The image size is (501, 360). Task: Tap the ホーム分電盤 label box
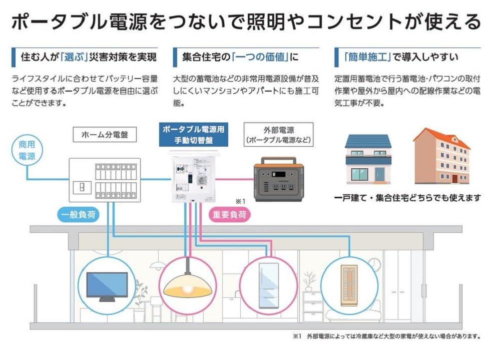pyautogui.click(x=105, y=135)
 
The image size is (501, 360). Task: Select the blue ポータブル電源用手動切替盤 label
pyautogui.click(x=194, y=135)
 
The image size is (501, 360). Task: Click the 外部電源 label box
pyautogui.click(x=278, y=135)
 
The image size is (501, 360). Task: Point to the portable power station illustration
pyautogui.click(x=279, y=179)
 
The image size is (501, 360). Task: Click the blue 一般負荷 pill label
pyautogui.click(x=78, y=214)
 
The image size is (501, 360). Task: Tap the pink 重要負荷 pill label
pyautogui.click(x=229, y=214)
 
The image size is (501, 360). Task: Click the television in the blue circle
pyautogui.click(x=107, y=286)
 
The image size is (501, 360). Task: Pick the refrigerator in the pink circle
pyautogui.click(x=268, y=285)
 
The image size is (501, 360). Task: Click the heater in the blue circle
pyautogui.click(x=349, y=285)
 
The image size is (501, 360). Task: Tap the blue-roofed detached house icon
pyautogui.click(x=368, y=159)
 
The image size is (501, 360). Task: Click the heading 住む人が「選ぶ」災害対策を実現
pyautogui.click(x=89, y=57)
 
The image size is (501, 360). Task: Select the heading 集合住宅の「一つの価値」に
pyautogui.click(x=240, y=57)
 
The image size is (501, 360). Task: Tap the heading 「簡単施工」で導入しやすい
pyautogui.click(x=401, y=57)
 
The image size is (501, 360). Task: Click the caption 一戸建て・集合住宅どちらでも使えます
pyautogui.click(x=407, y=198)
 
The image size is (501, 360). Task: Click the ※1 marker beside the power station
pyautogui.click(x=240, y=201)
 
